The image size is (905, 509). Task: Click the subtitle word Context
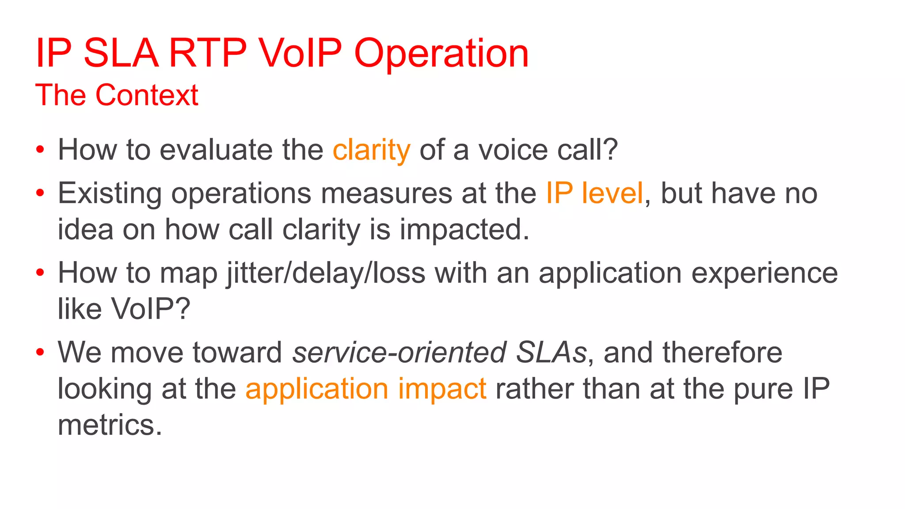[x=147, y=95]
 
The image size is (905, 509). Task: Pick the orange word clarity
[x=371, y=150]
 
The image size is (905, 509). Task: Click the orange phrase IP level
[x=594, y=193]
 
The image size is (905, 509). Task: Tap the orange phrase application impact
[x=366, y=389]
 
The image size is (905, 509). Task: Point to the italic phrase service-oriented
[x=399, y=353]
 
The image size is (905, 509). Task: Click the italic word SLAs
[x=551, y=353]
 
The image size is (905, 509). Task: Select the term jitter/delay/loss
[x=326, y=273]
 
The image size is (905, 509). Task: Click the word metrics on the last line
[x=110, y=425]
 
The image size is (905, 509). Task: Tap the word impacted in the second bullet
[x=464, y=230]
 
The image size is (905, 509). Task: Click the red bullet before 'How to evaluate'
[x=40, y=150]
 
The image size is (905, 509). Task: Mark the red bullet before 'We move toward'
[x=40, y=352]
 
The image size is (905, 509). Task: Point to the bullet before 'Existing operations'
[x=40, y=193]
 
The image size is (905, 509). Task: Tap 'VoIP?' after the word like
[x=150, y=308]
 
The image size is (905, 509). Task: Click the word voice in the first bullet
[x=513, y=150]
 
